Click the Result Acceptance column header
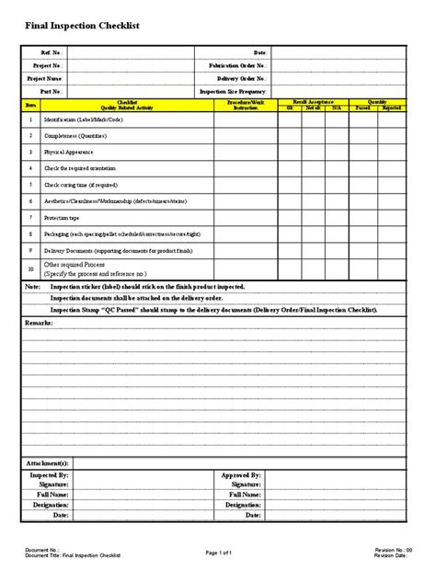click(x=313, y=102)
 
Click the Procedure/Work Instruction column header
click(x=245, y=105)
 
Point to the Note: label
click(x=32, y=287)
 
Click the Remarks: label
click(x=40, y=324)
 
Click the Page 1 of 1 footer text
click(x=219, y=552)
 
